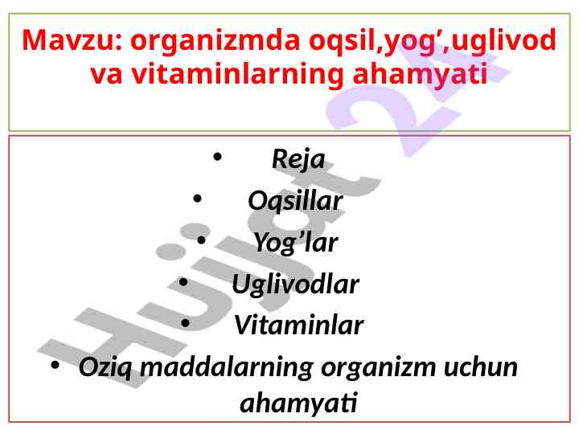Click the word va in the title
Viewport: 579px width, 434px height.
pos(106,76)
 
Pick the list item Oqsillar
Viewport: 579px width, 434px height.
pos(295,201)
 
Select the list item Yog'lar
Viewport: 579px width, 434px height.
pos(295,244)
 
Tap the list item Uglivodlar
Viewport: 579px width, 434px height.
pos(295,285)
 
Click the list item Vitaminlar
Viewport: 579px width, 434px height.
pos(298,325)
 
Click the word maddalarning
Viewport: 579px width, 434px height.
pos(227,368)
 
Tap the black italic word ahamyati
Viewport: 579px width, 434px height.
pos(298,403)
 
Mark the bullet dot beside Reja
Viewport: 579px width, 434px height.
pos(217,157)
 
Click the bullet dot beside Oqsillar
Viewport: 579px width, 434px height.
pos(197,199)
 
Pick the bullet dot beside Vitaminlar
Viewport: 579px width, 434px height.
pos(186,323)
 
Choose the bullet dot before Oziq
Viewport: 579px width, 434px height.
pos(55,366)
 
